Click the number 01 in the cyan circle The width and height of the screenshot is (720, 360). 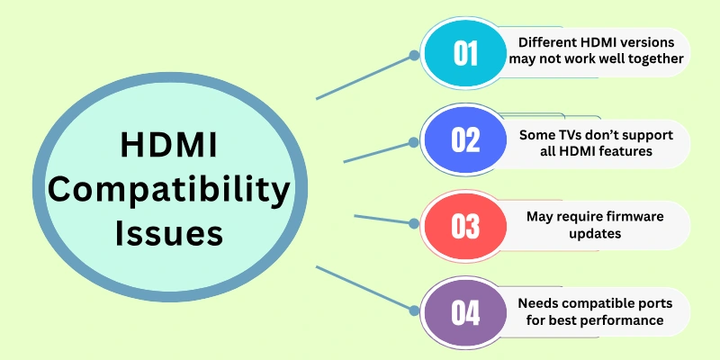[x=465, y=53]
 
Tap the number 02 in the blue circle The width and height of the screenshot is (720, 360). [x=465, y=141]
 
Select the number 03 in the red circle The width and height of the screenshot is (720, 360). [x=465, y=226]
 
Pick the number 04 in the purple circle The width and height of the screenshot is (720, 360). [x=465, y=312]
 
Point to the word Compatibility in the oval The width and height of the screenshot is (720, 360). [x=169, y=191]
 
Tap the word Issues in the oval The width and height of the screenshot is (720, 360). [x=169, y=233]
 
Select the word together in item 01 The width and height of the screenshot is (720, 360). [x=649, y=60]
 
